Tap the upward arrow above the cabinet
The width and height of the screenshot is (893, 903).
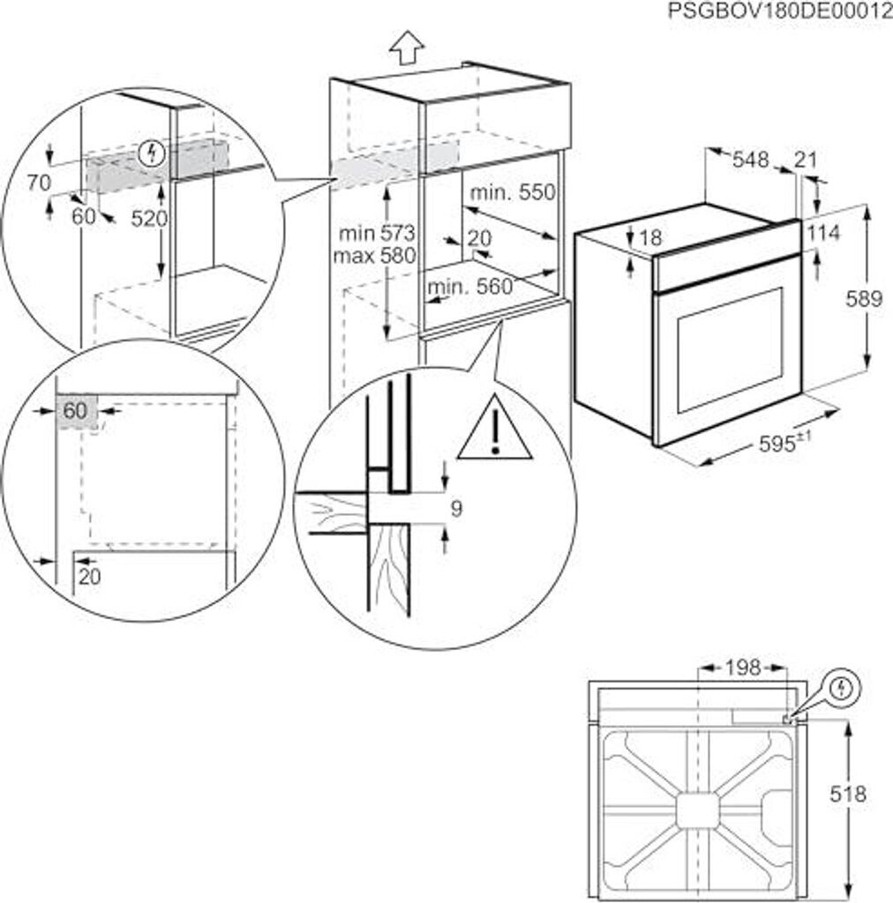click(407, 47)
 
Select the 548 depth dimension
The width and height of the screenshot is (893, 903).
click(751, 160)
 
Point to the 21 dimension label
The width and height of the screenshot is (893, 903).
click(806, 160)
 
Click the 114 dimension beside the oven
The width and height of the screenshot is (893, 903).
click(822, 233)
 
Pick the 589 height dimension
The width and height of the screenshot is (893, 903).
click(862, 299)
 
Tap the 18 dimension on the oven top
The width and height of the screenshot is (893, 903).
click(651, 237)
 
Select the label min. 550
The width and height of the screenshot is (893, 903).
click(513, 192)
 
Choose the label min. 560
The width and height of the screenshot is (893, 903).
click(469, 287)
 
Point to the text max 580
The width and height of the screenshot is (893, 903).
click(375, 256)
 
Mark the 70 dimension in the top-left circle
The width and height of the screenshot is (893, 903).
click(38, 183)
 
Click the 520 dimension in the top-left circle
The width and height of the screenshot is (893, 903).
click(148, 220)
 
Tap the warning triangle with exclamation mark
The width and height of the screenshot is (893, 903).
click(495, 429)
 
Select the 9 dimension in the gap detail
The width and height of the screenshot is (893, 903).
click(455, 509)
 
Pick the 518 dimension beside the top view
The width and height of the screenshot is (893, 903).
click(848, 794)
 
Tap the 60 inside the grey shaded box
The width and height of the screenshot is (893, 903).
click(76, 410)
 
